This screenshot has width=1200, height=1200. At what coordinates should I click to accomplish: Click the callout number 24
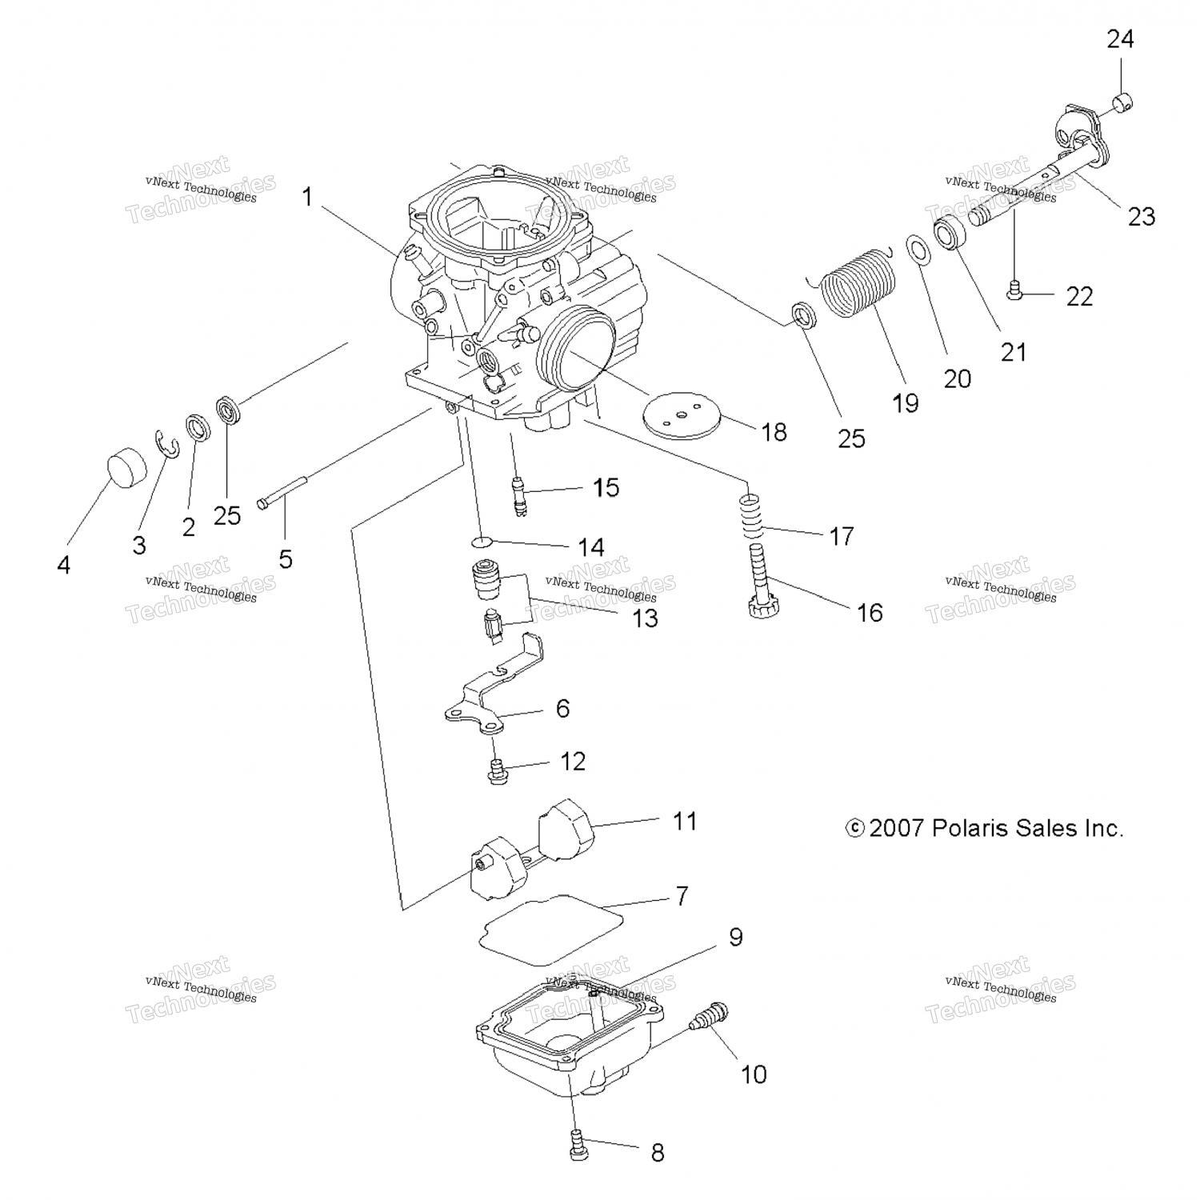tap(1120, 38)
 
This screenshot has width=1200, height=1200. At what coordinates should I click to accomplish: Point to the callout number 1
tap(307, 197)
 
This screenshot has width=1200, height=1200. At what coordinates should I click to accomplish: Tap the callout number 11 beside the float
tap(685, 821)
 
